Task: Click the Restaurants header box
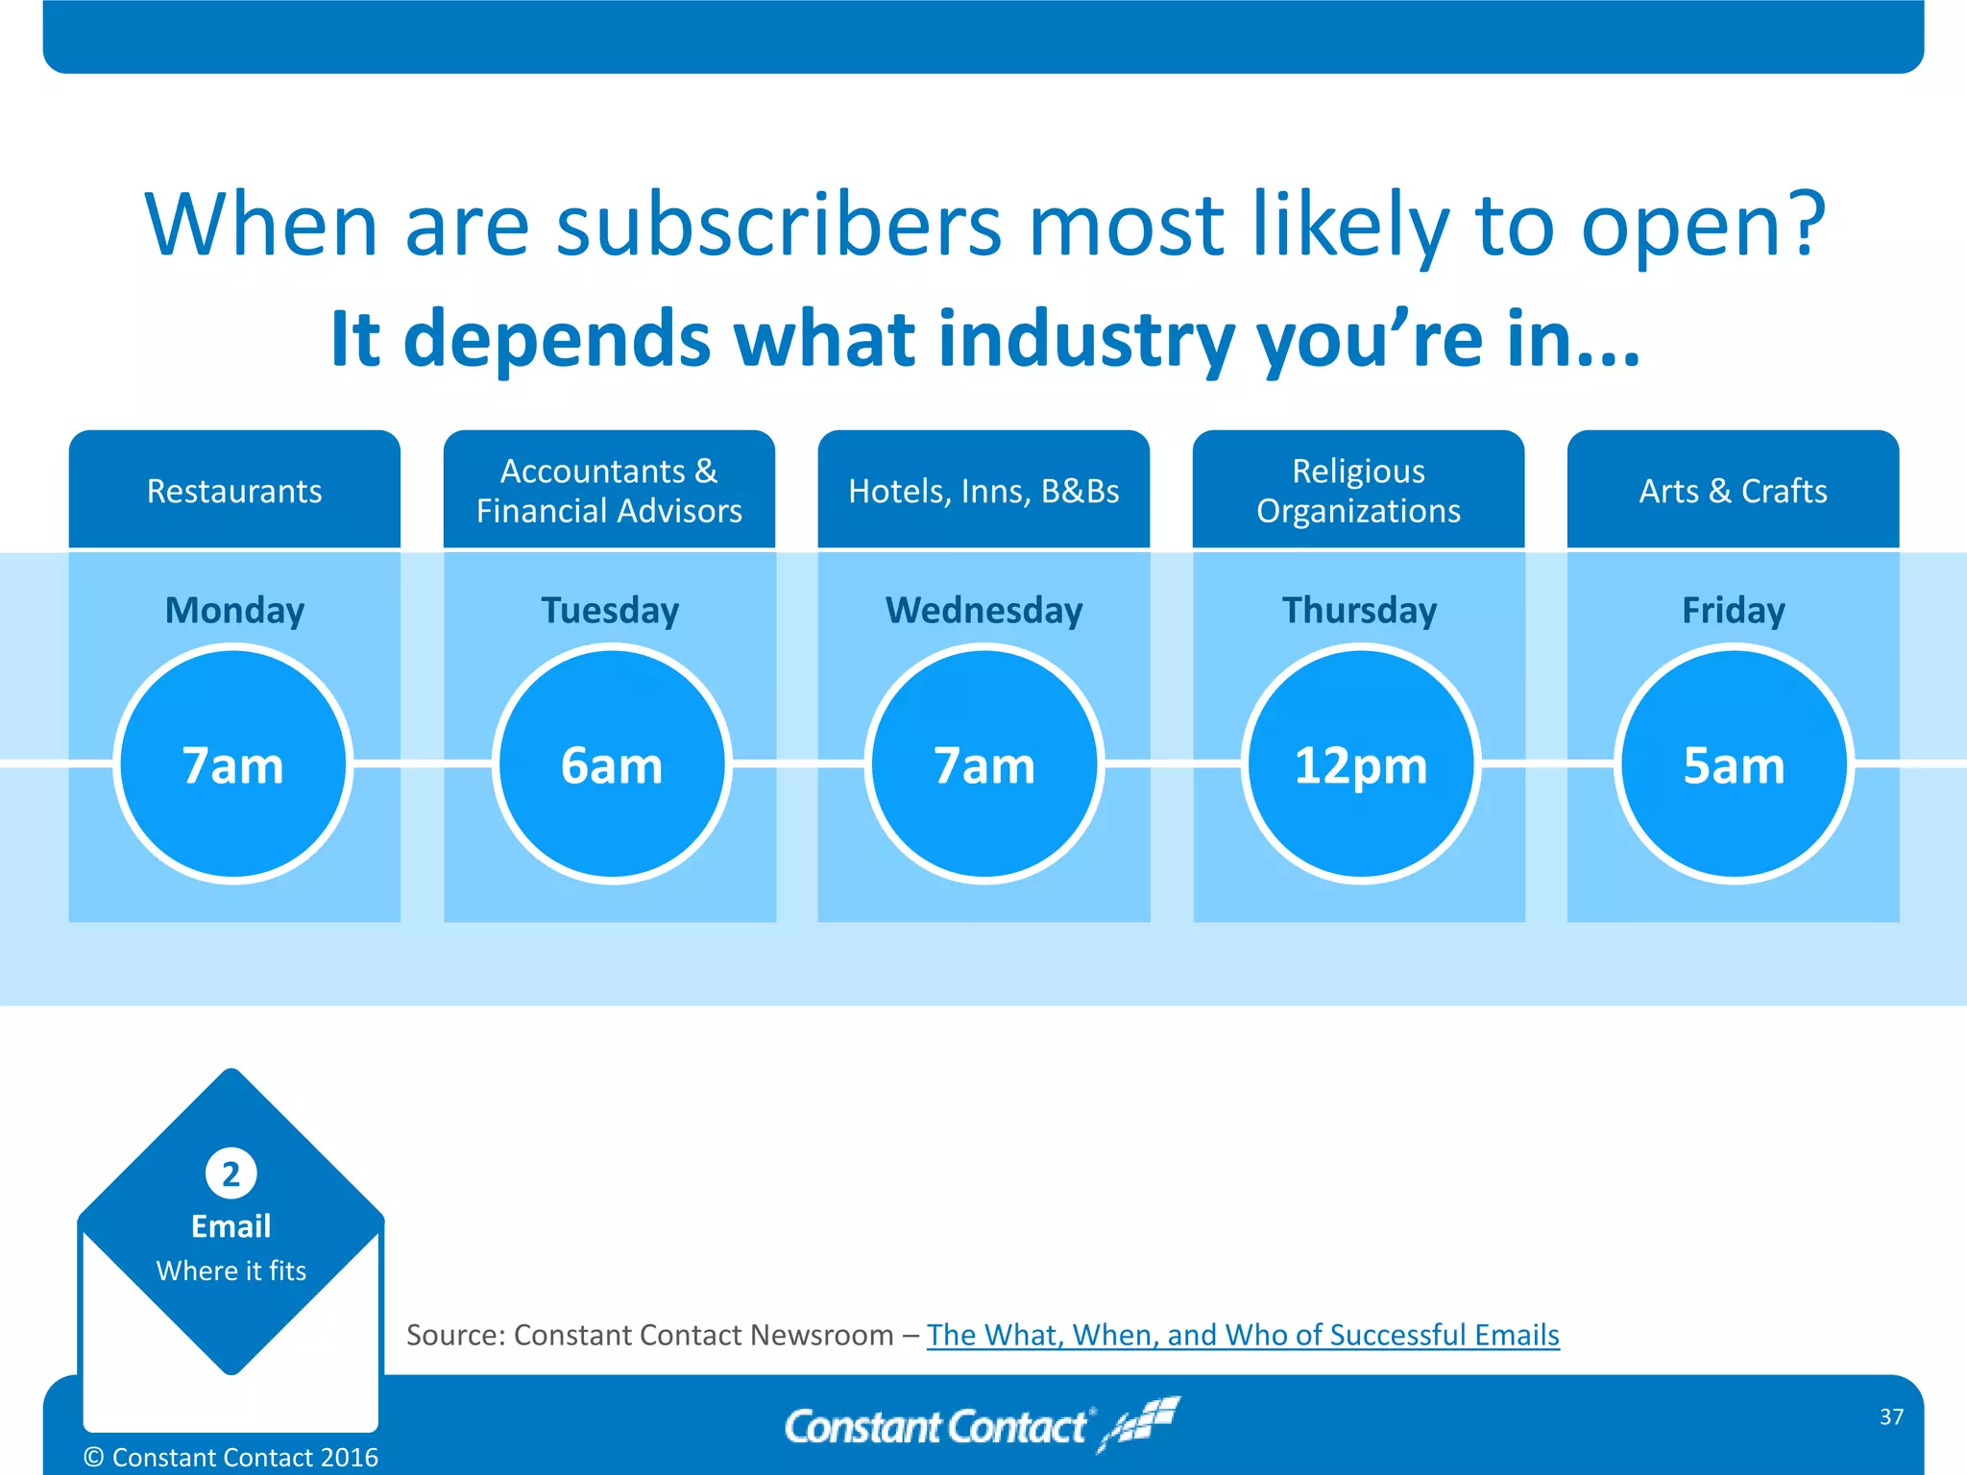(234, 491)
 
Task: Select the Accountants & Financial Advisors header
(609, 491)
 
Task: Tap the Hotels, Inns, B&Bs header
(983, 491)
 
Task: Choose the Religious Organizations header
(1358, 491)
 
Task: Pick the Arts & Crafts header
(1733, 491)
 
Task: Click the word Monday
(234, 611)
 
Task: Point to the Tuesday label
(610, 611)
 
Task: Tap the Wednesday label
(983, 611)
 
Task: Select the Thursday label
(1359, 611)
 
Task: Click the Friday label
(1733, 611)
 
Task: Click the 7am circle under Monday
(233, 764)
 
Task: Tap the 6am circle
(612, 764)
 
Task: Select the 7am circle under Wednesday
(984, 764)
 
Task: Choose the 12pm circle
(1361, 764)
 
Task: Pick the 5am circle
(1734, 764)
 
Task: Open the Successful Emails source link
(1242, 1335)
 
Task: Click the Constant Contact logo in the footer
(980, 1425)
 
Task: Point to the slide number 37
(1891, 1416)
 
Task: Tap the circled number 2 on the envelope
(231, 1173)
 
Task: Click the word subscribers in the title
(779, 226)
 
